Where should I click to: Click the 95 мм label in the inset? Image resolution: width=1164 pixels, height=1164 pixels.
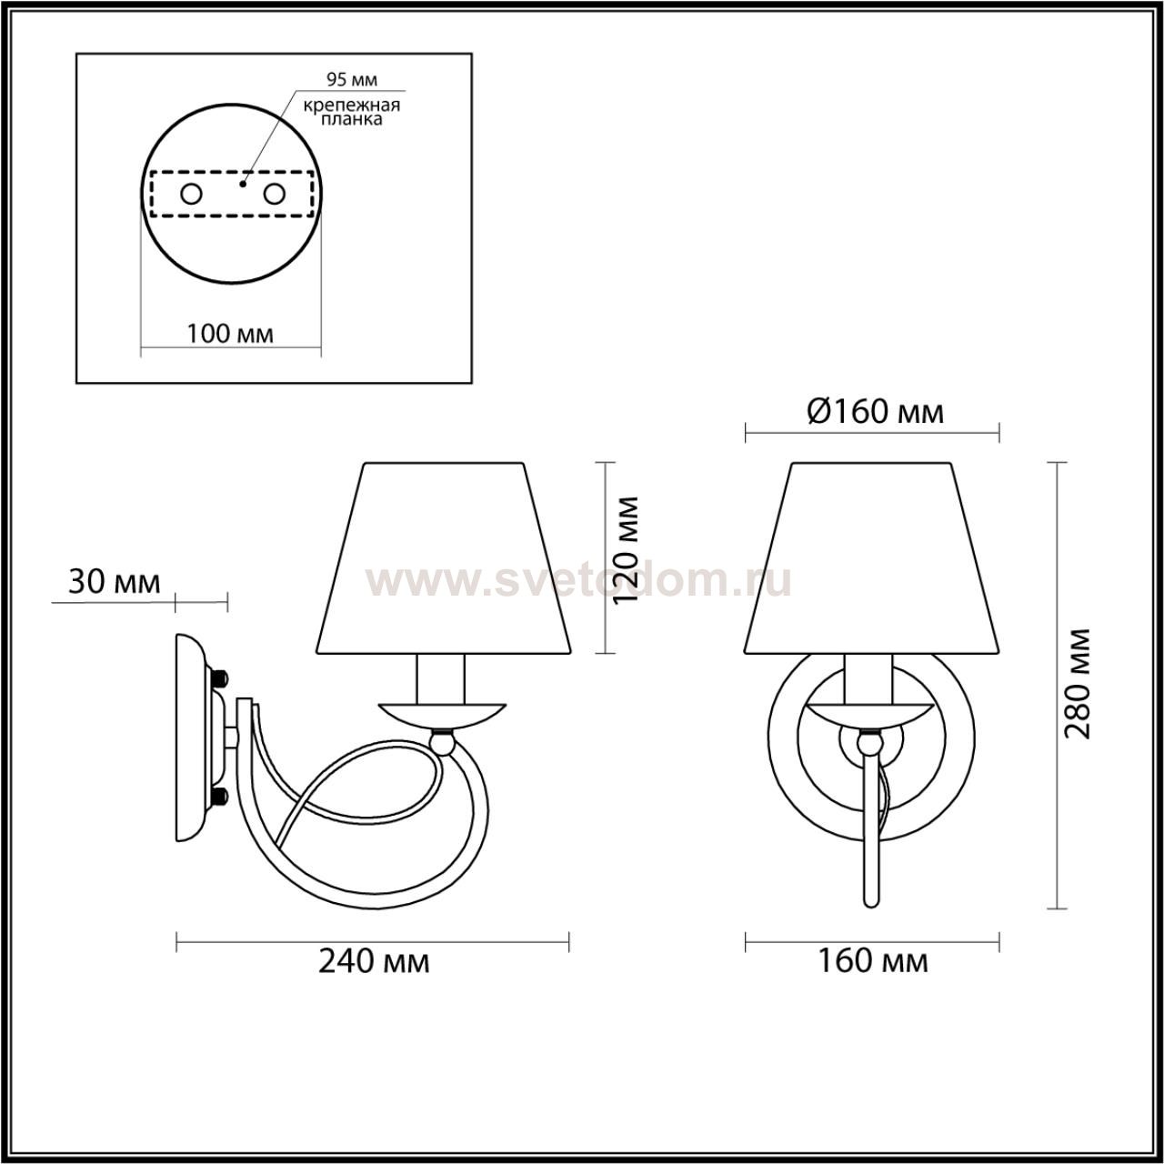pos(352,79)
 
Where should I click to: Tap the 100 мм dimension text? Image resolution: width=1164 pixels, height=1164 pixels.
pos(229,334)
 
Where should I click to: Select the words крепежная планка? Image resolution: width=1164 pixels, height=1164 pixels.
pos(352,112)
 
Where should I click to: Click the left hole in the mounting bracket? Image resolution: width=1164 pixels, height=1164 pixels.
pos(192,195)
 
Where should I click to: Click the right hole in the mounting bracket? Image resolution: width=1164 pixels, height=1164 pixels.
pos(274,195)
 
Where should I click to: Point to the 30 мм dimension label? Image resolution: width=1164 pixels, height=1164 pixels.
pos(115,582)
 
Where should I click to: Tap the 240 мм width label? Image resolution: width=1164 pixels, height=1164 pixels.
pos(374,961)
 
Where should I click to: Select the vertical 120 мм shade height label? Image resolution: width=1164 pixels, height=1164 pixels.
pos(624,550)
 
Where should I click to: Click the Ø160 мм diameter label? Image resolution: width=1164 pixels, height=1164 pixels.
pos(875,413)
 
